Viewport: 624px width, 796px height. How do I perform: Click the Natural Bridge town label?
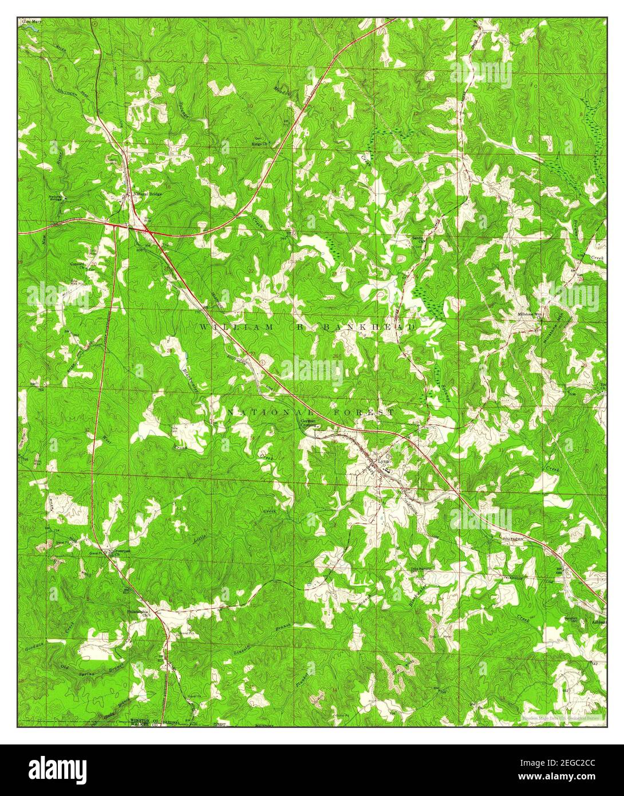[148, 194]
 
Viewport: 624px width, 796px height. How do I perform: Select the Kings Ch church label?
[264, 144]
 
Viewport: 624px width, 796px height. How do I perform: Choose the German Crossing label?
[309, 423]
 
